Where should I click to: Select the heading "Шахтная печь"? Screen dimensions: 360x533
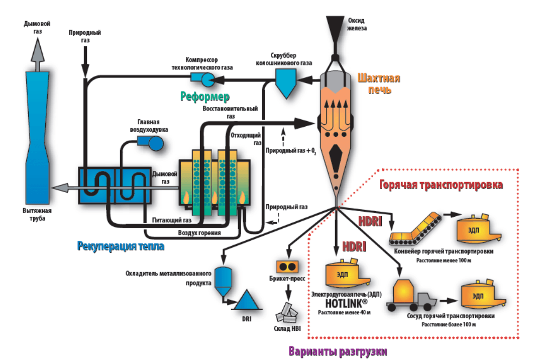point(379,84)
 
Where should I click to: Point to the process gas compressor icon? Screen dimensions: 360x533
point(202,78)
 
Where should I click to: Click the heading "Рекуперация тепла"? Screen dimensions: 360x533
point(121,246)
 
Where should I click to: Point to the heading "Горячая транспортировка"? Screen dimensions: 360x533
point(441,185)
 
